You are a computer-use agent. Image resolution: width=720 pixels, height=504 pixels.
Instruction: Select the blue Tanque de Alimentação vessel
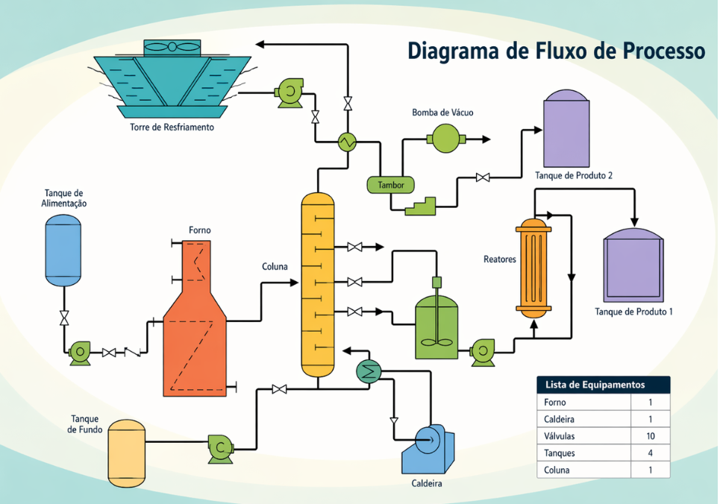pos(63,251)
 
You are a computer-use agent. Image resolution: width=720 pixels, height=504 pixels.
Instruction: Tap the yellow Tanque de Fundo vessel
pos(127,453)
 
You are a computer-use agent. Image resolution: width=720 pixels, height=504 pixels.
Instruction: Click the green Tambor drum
pos(390,184)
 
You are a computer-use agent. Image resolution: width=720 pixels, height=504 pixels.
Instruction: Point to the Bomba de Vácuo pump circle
pos(445,139)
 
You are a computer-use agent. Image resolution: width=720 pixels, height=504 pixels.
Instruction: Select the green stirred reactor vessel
pos(436,327)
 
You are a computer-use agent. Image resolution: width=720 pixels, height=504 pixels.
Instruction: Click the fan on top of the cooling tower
pos(172,47)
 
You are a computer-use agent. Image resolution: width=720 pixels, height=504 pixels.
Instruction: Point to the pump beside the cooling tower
pos(287,92)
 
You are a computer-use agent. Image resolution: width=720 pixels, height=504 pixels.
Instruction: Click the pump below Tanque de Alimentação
pos(78,352)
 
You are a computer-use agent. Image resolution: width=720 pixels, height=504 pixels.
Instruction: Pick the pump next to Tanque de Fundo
pos(220,447)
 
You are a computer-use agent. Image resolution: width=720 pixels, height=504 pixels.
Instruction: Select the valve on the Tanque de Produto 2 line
pos(483,177)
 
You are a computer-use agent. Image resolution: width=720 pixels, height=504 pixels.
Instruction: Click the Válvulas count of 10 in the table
pos(650,436)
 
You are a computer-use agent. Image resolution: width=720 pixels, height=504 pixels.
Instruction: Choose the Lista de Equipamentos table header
pos(603,385)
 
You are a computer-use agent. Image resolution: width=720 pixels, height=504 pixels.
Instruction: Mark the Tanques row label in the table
pos(560,453)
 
